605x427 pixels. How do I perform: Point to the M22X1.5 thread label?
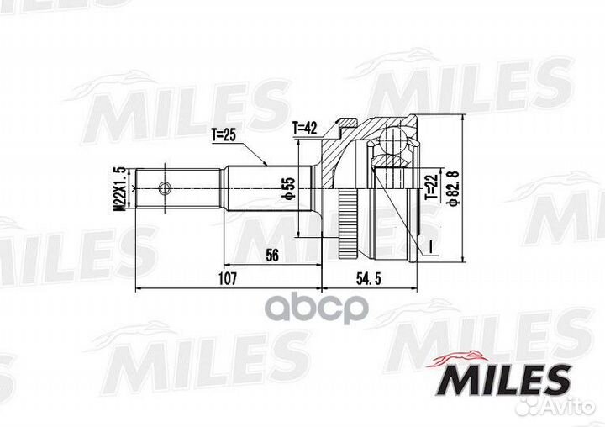click(x=119, y=187)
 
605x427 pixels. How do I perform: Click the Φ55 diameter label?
click(x=287, y=190)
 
